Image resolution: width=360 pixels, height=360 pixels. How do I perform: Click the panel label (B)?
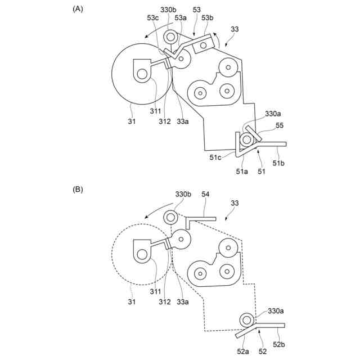(78, 190)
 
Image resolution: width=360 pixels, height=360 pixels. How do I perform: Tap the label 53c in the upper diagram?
(153, 18)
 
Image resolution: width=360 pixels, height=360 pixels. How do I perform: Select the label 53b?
(207, 18)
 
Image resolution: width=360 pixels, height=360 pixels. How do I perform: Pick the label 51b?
(279, 164)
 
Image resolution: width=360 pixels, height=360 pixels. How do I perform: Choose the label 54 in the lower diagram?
(205, 194)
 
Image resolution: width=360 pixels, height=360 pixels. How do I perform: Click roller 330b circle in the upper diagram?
(170, 37)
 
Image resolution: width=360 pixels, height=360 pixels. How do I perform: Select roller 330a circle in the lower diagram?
(246, 319)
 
